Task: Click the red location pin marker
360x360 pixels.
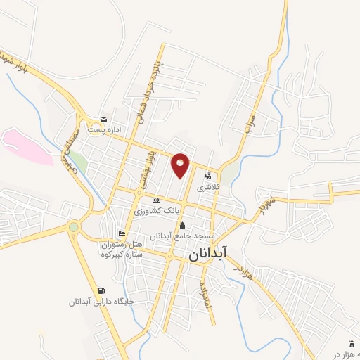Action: [181, 165]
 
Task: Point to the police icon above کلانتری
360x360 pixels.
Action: [208, 176]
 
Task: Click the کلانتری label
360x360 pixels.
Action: [203, 188]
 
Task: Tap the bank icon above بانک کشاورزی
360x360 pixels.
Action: [156, 200]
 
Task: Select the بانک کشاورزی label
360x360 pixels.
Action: [158, 211]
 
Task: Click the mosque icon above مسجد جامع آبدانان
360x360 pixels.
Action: [183, 225]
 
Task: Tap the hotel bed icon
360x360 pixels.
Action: [122, 234]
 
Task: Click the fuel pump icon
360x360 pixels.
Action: [103, 290]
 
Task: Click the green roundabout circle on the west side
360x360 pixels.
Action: [73, 226]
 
